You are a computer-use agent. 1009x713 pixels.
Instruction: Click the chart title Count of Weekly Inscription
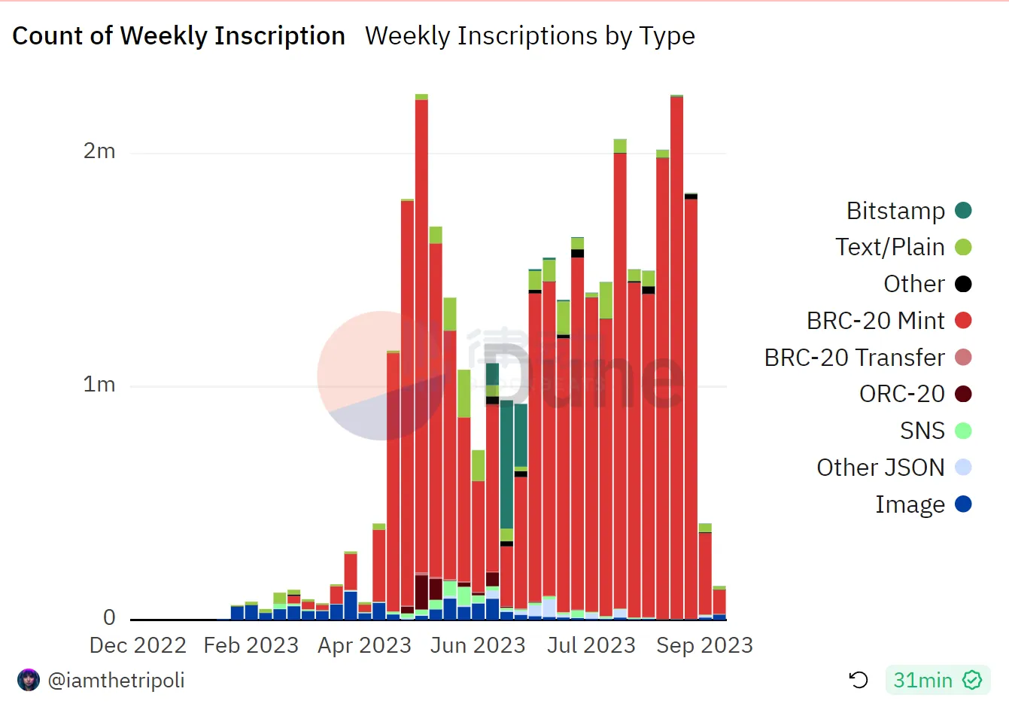[x=178, y=36]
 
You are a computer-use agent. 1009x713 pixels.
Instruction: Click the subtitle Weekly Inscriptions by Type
[x=530, y=36]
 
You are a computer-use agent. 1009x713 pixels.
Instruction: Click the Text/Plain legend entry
[x=903, y=247]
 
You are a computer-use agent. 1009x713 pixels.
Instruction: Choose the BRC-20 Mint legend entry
[x=889, y=321]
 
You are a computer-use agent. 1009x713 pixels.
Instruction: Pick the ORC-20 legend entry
[x=915, y=394]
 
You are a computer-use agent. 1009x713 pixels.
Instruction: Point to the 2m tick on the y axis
[x=99, y=151]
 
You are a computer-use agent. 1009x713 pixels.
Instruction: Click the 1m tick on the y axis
[x=99, y=385]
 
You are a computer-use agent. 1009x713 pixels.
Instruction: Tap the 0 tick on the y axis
[x=110, y=618]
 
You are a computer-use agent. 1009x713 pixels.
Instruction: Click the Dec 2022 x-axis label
[x=138, y=645]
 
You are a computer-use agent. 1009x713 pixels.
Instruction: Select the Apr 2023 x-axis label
[x=364, y=645]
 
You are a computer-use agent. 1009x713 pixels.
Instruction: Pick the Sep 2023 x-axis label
[x=704, y=645]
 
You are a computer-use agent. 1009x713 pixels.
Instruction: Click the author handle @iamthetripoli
[x=116, y=681]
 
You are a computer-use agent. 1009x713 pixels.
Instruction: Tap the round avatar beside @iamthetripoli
[x=29, y=680]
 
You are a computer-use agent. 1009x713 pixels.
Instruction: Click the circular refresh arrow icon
[x=859, y=681]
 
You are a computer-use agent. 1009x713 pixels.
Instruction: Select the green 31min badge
[x=938, y=681]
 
